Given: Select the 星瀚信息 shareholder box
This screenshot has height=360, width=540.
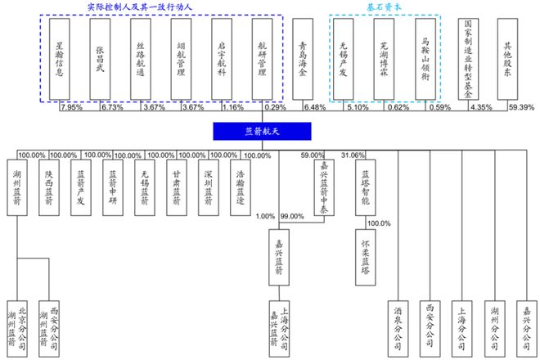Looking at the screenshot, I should [61, 59].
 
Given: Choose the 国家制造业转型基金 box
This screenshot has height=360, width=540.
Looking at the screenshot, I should [468, 59].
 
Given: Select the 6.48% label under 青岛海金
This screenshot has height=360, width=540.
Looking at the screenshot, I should [314, 108].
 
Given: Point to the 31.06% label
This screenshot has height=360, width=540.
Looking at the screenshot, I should [352, 155].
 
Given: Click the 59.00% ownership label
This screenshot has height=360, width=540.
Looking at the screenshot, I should [313, 155].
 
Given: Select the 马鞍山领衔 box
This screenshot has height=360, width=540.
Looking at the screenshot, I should [425, 59].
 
